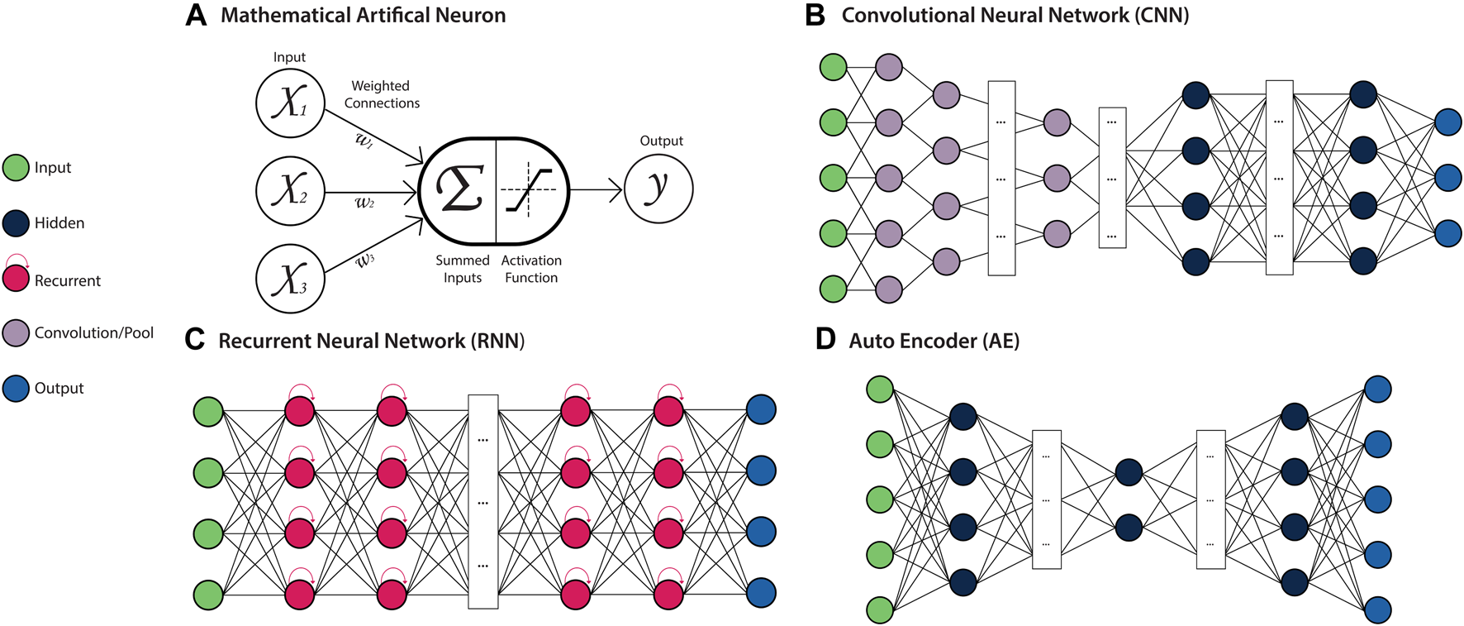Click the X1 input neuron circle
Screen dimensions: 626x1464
coord(290,103)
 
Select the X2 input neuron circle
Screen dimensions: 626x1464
coord(290,190)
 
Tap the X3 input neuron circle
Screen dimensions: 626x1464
coord(290,279)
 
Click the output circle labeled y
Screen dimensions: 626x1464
coord(658,189)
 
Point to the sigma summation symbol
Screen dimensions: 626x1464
coord(459,190)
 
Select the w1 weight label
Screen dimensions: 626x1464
coord(364,141)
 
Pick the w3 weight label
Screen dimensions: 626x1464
coord(365,260)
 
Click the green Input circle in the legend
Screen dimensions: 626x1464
coord(17,168)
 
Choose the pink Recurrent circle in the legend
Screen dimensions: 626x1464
coord(17,278)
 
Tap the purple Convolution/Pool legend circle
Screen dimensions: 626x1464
coord(17,332)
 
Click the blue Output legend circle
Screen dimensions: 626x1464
coord(17,388)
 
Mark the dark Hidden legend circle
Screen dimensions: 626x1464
coord(17,223)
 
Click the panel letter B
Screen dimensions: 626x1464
coord(815,16)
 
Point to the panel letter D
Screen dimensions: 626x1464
coord(825,340)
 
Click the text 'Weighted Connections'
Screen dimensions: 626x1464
coord(381,94)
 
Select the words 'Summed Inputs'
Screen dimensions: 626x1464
coord(463,269)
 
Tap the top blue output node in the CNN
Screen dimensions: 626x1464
coord(1448,122)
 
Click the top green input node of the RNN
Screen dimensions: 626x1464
coord(208,411)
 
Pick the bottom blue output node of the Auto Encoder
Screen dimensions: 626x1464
coord(1377,609)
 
